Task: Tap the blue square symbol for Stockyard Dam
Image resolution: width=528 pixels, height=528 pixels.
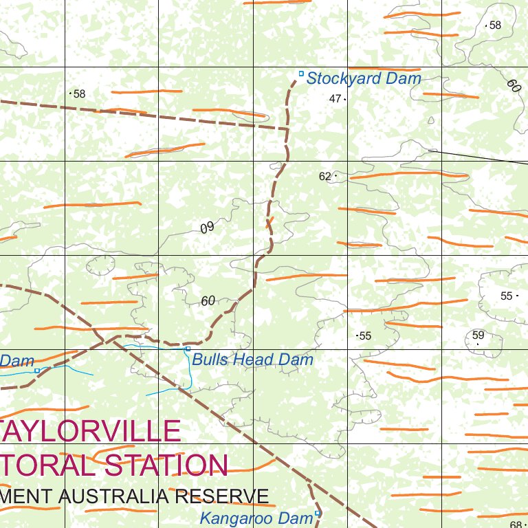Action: (300, 74)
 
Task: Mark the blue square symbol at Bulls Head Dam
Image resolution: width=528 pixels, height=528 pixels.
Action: (188, 349)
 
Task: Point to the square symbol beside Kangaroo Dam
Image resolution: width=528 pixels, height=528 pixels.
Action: (317, 513)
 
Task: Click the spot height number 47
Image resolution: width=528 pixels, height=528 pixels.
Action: (335, 99)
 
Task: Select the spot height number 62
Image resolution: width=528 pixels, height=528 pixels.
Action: (325, 177)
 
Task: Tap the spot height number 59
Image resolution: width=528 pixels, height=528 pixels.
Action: (478, 335)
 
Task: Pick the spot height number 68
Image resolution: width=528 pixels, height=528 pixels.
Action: (516, 525)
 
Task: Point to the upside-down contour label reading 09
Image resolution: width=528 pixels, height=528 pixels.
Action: (208, 228)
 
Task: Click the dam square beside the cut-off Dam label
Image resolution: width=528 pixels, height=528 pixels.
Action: (37, 371)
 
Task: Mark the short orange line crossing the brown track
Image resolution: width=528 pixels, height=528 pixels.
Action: (269, 222)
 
